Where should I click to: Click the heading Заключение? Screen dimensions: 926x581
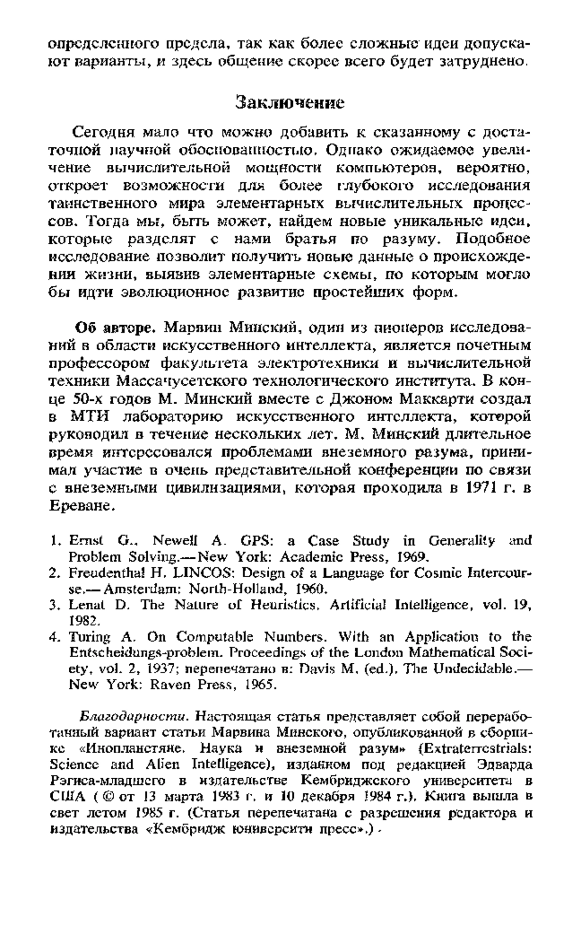point(290,103)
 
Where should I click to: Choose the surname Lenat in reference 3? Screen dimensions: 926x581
point(86,605)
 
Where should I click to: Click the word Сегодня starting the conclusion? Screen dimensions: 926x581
point(102,131)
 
